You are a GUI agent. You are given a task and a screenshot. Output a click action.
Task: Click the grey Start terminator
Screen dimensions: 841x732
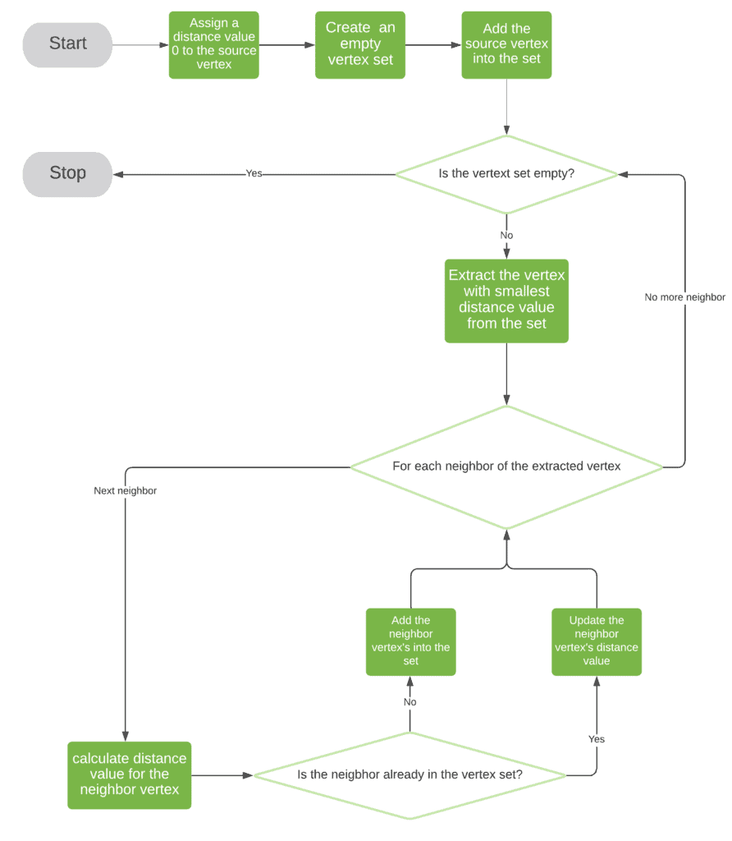tap(67, 44)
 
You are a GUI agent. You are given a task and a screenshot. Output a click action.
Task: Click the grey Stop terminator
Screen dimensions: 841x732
tap(67, 174)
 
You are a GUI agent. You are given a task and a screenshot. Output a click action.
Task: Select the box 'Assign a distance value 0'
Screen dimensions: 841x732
tap(213, 45)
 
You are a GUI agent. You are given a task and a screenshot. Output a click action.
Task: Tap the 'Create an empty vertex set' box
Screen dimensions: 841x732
tap(360, 45)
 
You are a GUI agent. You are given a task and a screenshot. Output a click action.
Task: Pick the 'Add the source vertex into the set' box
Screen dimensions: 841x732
tap(506, 45)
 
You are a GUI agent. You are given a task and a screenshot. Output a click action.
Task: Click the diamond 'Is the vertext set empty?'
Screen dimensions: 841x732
tap(506, 174)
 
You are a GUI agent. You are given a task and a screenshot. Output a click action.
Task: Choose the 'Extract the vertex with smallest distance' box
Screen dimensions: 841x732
tap(506, 301)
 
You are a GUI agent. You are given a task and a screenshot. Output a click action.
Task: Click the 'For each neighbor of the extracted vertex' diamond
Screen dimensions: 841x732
tap(506, 466)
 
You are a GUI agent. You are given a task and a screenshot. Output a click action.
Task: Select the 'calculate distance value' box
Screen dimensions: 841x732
tap(130, 774)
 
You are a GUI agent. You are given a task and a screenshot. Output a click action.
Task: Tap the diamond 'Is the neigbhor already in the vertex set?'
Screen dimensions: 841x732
tap(409, 774)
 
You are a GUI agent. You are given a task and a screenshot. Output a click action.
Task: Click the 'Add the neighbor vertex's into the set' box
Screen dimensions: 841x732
tap(410, 641)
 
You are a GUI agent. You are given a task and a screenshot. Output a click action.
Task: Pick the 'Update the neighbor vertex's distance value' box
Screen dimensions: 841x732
tap(597, 641)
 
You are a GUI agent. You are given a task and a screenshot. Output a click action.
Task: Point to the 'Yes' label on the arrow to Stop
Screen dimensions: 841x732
tap(254, 174)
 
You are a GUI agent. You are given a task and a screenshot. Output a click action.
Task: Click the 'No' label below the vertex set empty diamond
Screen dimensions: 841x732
tap(506, 236)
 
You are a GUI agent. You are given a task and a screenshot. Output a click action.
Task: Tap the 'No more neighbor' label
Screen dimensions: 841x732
tap(684, 297)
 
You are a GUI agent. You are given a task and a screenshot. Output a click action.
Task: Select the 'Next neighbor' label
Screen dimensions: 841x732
tap(125, 491)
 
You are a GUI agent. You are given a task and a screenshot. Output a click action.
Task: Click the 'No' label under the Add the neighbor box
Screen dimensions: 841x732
tap(409, 702)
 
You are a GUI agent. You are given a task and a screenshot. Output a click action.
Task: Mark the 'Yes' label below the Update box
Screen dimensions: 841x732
tap(597, 739)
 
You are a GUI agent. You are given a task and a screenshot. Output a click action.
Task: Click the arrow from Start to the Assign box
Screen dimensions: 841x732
tap(140, 45)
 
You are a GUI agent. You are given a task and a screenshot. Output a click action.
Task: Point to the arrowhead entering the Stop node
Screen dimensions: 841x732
tap(118, 174)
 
